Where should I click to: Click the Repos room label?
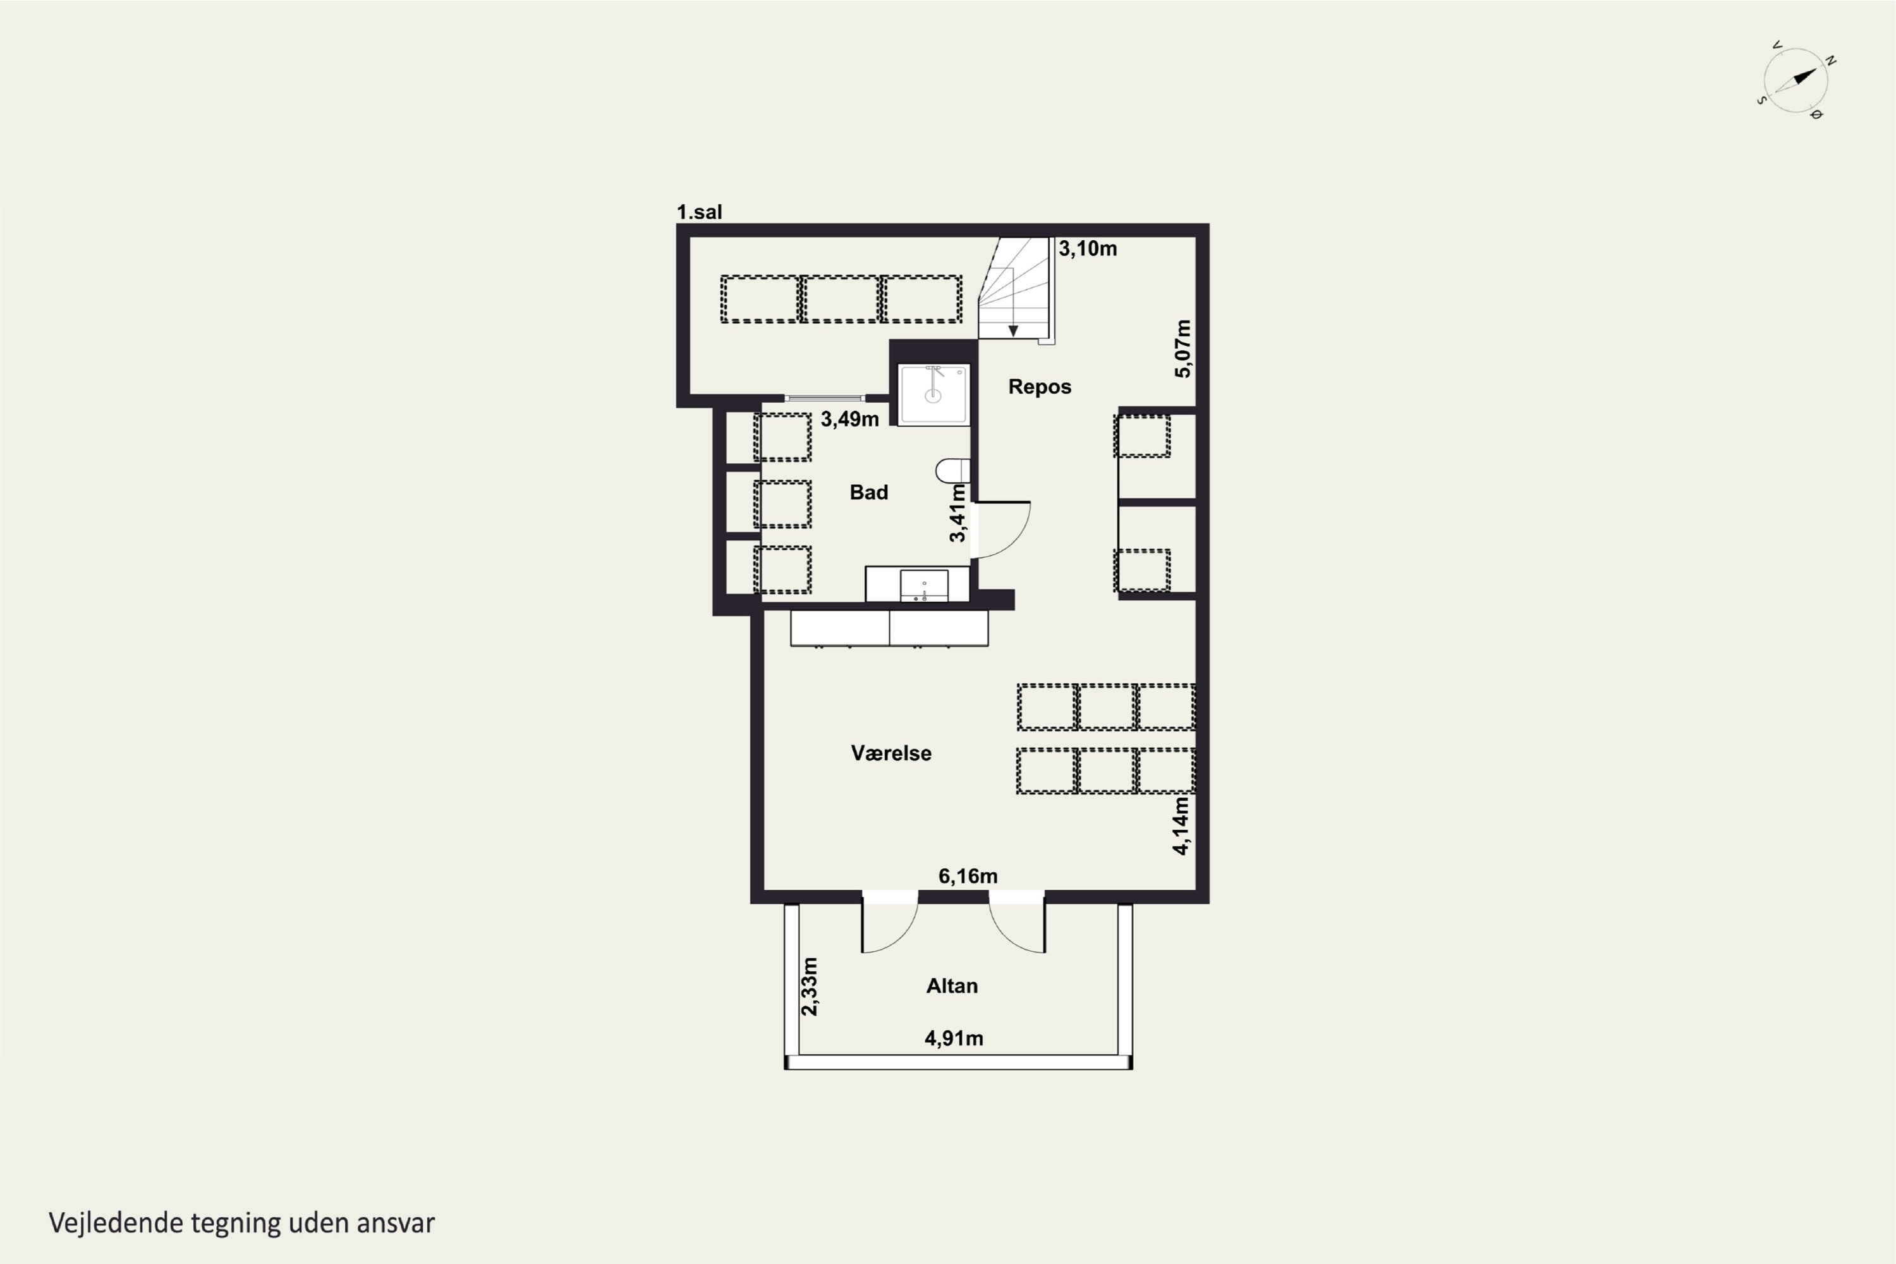(1039, 387)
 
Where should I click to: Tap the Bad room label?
(868, 492)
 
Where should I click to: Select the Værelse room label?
(890, 753)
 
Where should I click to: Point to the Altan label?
(951, 986)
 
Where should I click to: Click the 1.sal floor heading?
(699, 212)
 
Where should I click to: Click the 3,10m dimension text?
(1088, 248)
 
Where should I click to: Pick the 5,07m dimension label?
(1182, 348)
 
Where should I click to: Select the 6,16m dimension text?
(968, 876)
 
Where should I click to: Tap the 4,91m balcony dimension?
(954, 1038)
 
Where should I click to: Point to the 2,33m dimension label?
(810, 987)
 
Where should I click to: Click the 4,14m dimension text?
(1181, 825)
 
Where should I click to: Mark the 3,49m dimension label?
(849, 419)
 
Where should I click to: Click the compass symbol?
(1796, 81)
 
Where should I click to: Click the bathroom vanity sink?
(924, 586)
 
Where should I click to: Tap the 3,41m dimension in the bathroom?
(957, 513)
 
